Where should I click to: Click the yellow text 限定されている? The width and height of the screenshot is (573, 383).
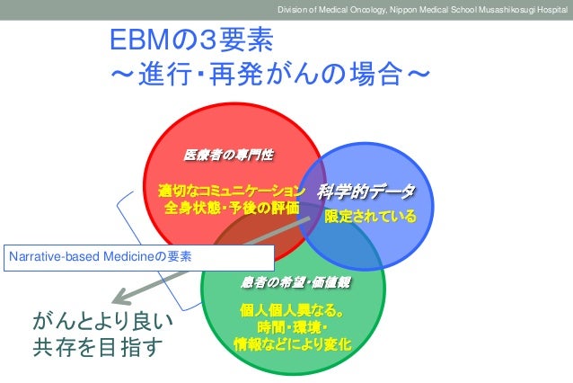[371, 216]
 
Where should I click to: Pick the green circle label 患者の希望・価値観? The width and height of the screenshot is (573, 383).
[295, 282]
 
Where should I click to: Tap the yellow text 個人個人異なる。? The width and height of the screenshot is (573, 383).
[293, 310]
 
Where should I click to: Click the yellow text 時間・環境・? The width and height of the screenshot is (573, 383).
[293, 327]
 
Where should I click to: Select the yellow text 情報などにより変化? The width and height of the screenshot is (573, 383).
[293, 344]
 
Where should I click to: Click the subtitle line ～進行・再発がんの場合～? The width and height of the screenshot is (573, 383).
[269, 71]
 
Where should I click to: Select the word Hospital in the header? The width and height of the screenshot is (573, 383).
[547, 10]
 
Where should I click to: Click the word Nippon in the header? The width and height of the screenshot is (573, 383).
[408, 10]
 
